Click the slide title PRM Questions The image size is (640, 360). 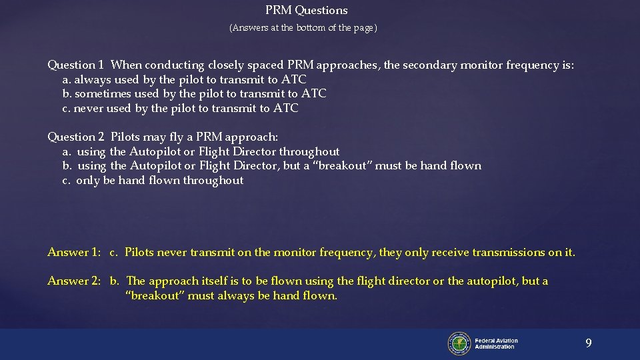pos(307,10)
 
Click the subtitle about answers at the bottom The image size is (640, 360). pos(303,28)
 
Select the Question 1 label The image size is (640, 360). pos(75,65)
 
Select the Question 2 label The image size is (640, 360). pos(75,137)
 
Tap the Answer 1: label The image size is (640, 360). pos(73,253)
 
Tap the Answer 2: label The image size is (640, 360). pos(73,281)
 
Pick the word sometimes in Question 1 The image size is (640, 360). pos(101,94)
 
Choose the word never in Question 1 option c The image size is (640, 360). pos(87,109)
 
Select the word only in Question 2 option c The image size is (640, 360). pos(87,181)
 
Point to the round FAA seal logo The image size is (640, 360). pos(459,343)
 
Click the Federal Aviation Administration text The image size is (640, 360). pos(496,344)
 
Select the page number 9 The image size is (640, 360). pos(588,343)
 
